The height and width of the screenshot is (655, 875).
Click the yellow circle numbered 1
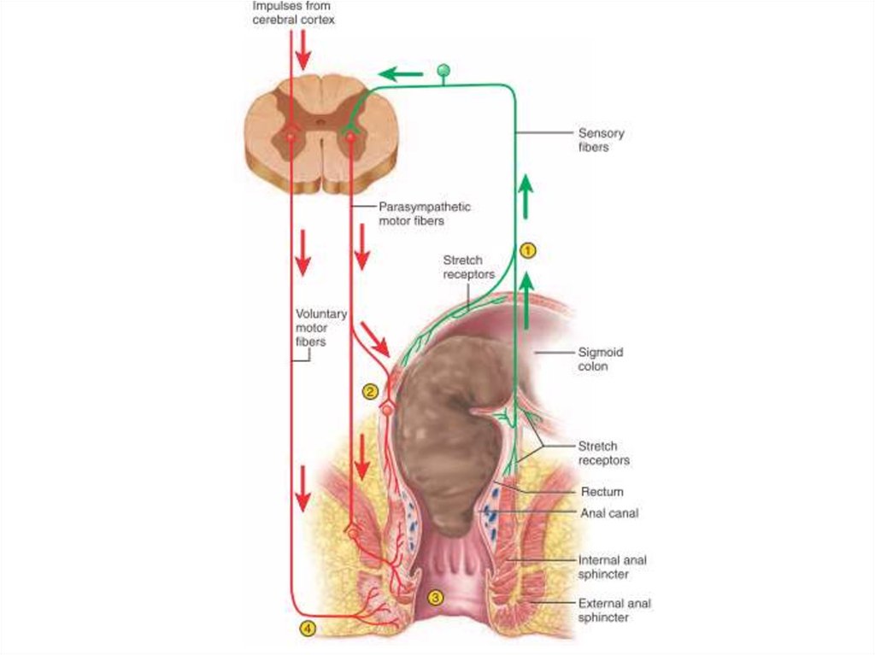(528, 250)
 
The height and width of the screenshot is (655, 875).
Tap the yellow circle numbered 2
(369, 391)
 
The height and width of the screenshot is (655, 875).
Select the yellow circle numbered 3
(435, 598)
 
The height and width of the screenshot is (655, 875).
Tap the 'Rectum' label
(602, 492)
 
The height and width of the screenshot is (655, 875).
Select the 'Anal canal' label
(609, 513)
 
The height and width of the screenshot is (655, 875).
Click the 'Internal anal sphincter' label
(612, 567)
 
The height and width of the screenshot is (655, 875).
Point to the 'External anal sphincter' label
(614, 610)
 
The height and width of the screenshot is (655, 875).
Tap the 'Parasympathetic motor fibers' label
(424, 213)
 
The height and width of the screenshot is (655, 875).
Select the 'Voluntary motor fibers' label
(320, 327)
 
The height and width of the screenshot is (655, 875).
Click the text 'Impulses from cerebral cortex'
(293, 14)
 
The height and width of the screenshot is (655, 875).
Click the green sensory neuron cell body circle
(443, 69)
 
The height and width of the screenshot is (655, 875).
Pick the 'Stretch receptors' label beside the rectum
(603, 453)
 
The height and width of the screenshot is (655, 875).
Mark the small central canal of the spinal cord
(320, 122)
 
